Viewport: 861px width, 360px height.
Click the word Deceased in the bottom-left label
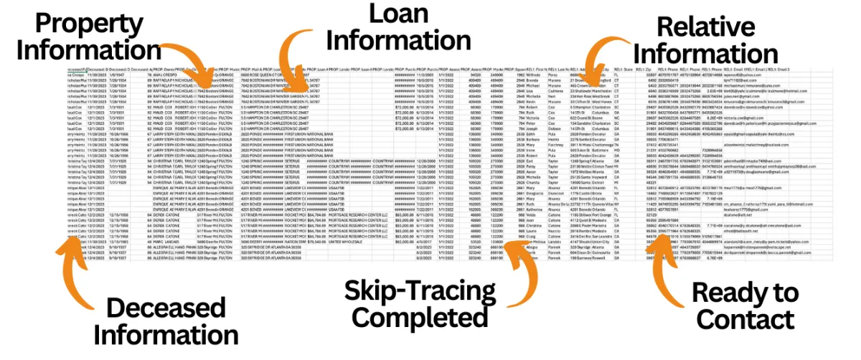[x=170, y=308]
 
